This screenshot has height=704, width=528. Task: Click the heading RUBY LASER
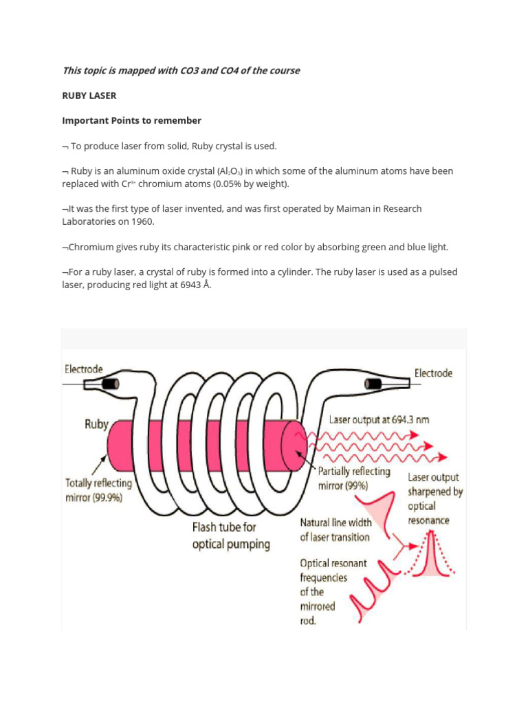coord(89,96)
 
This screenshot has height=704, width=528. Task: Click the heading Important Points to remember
coord(131,120)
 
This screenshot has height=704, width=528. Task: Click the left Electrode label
coord(84,368)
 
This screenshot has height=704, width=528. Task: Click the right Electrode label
coord(433,373)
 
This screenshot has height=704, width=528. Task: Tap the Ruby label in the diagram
coord(96,424)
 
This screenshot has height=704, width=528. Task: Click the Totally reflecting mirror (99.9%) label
coord(98,490)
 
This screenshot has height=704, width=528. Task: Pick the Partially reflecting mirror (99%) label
coord(353,478)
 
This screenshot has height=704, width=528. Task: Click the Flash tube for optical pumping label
coord(230,537)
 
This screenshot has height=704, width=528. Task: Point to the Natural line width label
coord(335,529)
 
